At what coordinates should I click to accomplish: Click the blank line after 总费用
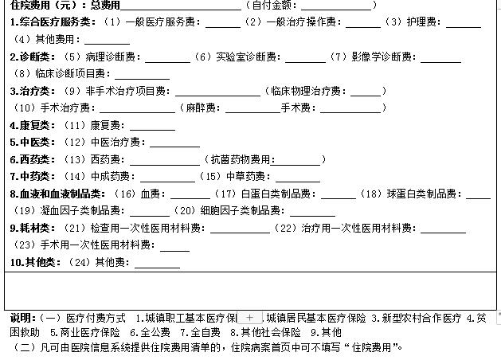[181, 10]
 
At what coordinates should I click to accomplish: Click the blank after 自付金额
[336, 10]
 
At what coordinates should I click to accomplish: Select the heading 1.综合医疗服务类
[53, 22]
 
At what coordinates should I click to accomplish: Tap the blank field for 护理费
[464, 27]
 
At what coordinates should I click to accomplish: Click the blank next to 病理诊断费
[168, 62]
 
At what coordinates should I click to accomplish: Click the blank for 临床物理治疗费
[366, 96]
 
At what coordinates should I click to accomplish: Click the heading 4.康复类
[33, 125]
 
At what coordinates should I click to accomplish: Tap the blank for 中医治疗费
[175, 147]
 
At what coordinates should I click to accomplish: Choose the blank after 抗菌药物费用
[296, 165]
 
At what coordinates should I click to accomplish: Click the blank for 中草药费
[298, 182]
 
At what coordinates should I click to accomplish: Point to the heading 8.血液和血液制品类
[57, 194]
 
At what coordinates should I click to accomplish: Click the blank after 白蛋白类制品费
[339, 198]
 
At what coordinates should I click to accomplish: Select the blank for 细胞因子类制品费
[313, 216]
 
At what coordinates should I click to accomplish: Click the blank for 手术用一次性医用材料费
[174, 250]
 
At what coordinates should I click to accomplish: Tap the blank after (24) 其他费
[158, 268]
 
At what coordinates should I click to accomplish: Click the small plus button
[249, 318]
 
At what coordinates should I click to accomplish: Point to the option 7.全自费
[201, 333]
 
